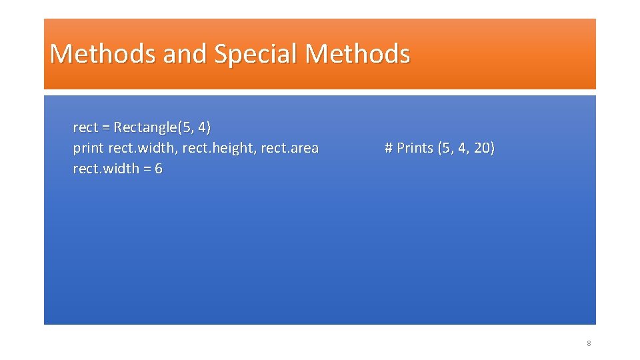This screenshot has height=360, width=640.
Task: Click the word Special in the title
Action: pyautogui.click(x=256, y=54)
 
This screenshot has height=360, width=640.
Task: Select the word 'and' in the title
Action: pyautogui.click(x=185, y=54)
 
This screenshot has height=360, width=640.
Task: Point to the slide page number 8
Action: pyautogui.click(x=589, y=343)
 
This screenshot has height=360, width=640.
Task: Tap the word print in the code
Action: pyautogui.click(x=88, y=148)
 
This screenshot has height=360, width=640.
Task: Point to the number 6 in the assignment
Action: pyautogui.click(x=159, y=169)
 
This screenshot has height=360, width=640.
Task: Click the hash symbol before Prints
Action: pyautogui.click(x=389, y=148)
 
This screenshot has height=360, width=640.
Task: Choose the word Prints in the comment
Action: pyautogui.click(x=415, y=148)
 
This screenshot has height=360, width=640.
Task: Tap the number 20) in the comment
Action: pyautogui.click(x=485, y=148)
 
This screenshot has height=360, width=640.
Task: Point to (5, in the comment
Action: pyautogui.click(x=446, y=148)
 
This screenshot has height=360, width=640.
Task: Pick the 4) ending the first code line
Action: pyautogui.click(x=204, y=127)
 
